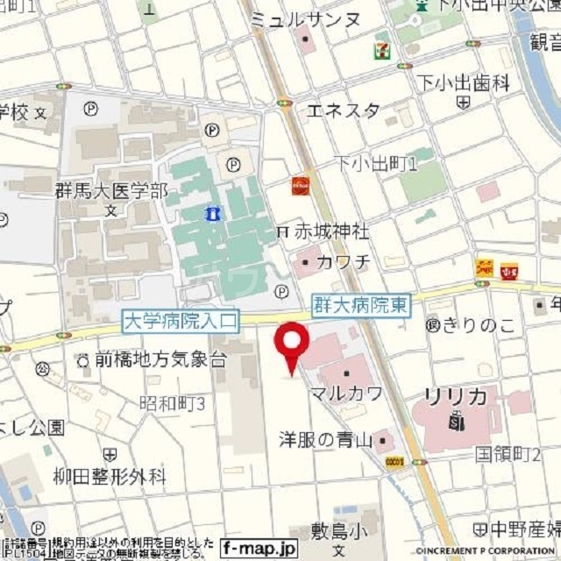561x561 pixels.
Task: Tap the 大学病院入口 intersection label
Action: pos(180,322)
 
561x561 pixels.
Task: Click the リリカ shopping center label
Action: pos(456,397)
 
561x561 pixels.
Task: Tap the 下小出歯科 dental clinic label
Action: pos(463,84)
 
